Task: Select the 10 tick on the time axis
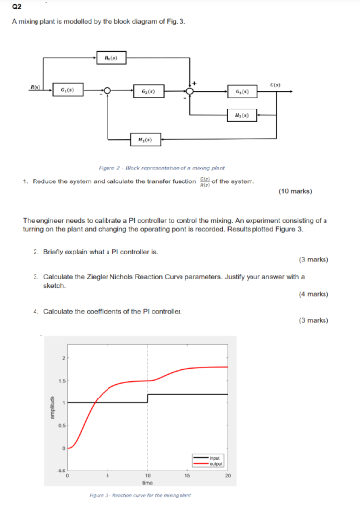tap(148, 476)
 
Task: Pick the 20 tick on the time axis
tap(229, 476)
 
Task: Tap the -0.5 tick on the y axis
tap(61, 470)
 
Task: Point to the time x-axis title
tap(148, 483)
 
